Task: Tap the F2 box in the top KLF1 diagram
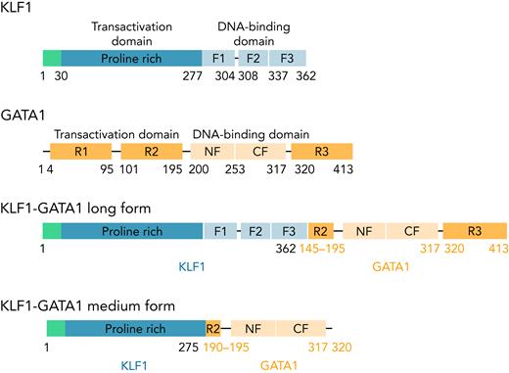pyautogui.click(x=253, y=59)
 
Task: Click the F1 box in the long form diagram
pyautogui.click(x=220, y=232)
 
